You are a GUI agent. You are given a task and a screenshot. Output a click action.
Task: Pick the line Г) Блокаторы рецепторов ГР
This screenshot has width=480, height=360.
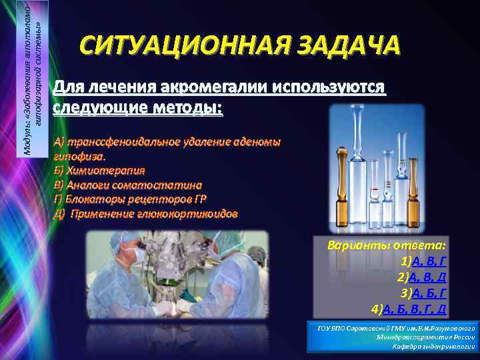pyautogui.click(x=133, y=199)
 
